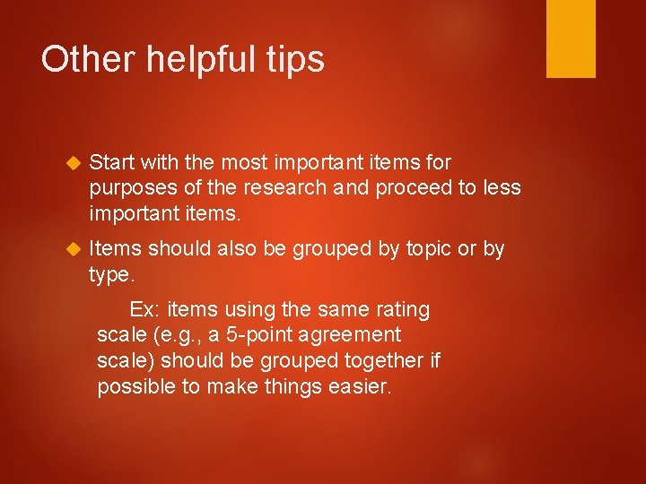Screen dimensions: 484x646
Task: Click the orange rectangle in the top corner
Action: tap(571, 38)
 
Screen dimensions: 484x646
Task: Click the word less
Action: tap(500, 187)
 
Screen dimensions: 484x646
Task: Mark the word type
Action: tap(110, 275)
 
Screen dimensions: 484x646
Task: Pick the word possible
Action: tap(137, 387)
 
